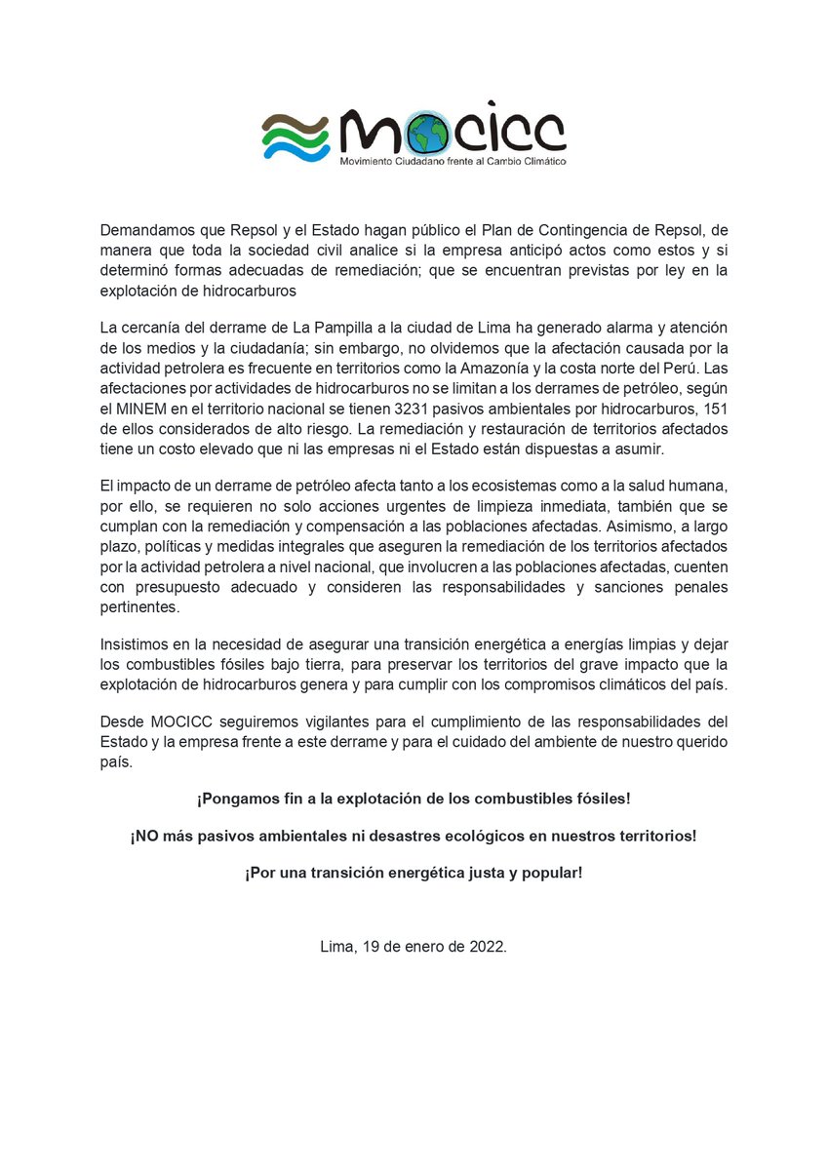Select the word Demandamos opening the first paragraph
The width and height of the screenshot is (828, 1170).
pyautogui.click(x=144, y=230)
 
